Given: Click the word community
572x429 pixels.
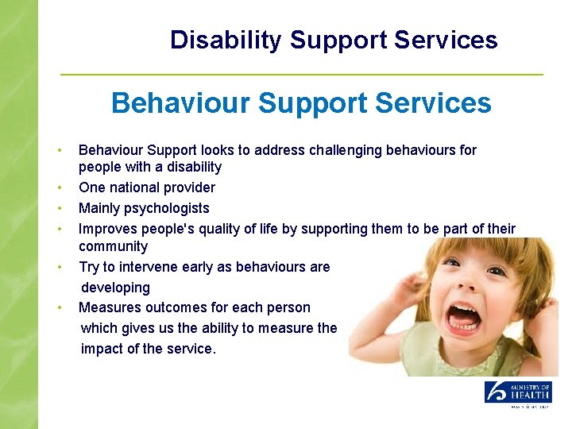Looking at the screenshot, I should coord(113,246).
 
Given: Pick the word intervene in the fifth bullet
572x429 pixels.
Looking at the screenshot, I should coord(147,267).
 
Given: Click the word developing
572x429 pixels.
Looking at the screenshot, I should coord(115,288).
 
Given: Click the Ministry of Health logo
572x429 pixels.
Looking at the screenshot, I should coord(518,395).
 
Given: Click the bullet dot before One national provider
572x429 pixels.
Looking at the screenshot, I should coord(59,188).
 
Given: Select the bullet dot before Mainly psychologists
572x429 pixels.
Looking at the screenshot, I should coord(59,209).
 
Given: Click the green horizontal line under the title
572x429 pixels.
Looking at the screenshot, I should coord(302,75).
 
